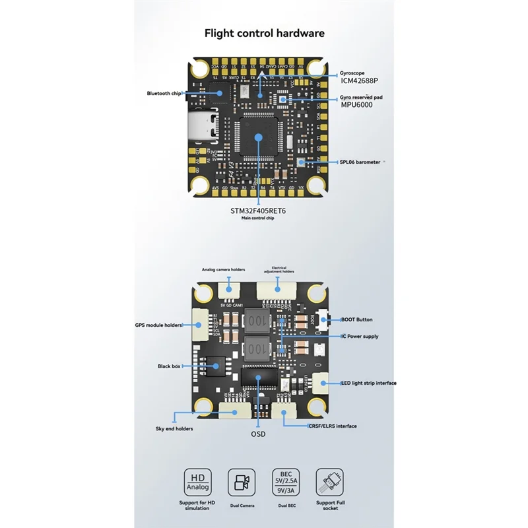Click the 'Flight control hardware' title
point(264,33)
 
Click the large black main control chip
point(259,136)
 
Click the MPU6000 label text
point(357,105)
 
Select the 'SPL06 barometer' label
point(360,162)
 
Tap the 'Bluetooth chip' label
point(164,94)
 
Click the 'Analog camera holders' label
point(223,269)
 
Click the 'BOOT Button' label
point(356,319)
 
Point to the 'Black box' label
point(168,366)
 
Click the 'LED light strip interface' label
point(368,383)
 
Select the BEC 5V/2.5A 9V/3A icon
point(285,482)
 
